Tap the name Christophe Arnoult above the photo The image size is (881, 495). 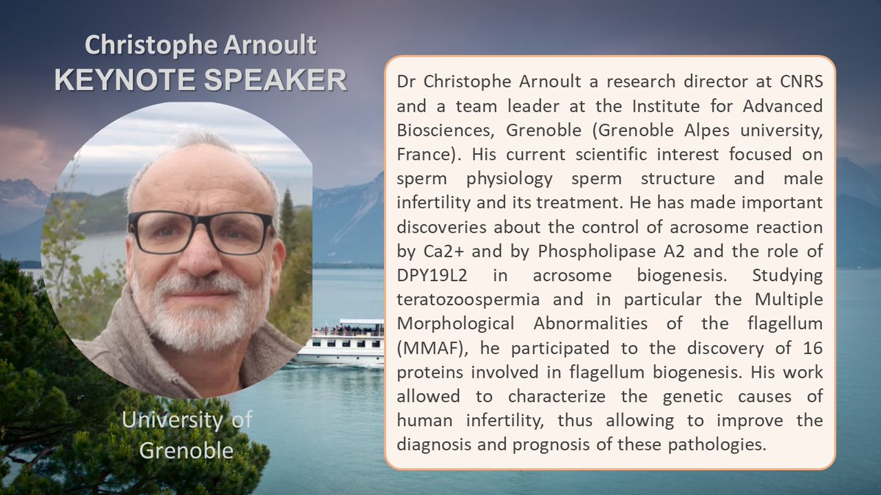coord(200,45)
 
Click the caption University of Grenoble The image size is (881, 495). coord(186,433)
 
